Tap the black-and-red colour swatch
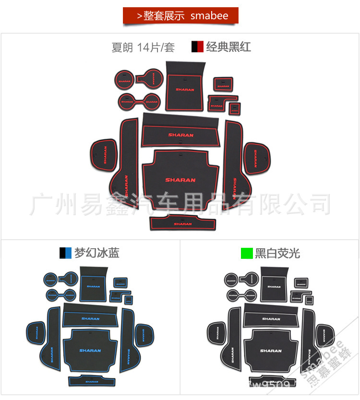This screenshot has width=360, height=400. tap(197, 47)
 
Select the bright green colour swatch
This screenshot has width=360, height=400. tap(247, 253)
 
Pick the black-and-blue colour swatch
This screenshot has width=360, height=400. tap(65, 253)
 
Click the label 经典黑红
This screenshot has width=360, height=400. tap(228, 47)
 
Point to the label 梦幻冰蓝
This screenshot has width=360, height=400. tap(96, 253)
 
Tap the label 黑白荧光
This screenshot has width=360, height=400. tap(277, 253)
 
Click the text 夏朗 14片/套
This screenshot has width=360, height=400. tap(143, 48)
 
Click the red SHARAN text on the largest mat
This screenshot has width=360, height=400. tap(180, 180)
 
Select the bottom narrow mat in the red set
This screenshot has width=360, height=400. tap(182, 223)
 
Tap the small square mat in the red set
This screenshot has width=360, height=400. tap(235, 109)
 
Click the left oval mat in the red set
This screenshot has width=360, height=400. tap(104, 155)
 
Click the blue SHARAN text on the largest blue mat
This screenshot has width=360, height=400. tap(90, 351)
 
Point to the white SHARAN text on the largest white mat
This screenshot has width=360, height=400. tap(271, 351)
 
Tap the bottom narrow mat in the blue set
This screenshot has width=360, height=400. tap(92, 381)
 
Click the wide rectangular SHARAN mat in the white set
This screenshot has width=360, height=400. tap(271, 317)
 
